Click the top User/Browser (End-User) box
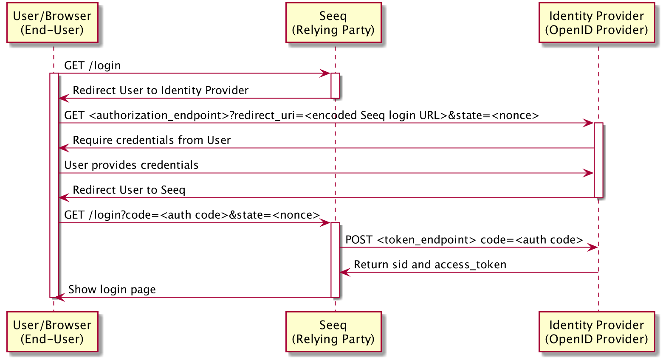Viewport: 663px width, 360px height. point(52,23)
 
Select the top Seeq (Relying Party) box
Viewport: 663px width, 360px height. point(333,23)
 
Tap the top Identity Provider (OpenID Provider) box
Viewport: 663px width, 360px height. point(596,23)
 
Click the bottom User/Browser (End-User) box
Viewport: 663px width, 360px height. point(52,332)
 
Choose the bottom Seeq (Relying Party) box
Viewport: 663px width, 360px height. point(333,332)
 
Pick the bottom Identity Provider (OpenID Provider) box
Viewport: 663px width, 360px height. point(596,332)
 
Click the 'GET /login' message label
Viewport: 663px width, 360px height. point(93,65)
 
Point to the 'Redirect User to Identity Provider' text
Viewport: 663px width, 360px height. point(161,90)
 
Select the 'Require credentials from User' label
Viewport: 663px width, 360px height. point(152,140)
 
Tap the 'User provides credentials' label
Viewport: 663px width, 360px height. point(131,165)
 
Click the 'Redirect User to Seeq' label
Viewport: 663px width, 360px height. point(129,190)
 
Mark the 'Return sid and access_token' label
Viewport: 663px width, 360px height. point(430,265)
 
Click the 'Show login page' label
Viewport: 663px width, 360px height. point(112,290)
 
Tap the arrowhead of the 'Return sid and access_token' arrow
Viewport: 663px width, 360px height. point(344,273)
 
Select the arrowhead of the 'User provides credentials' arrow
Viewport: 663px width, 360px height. point(589,173)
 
